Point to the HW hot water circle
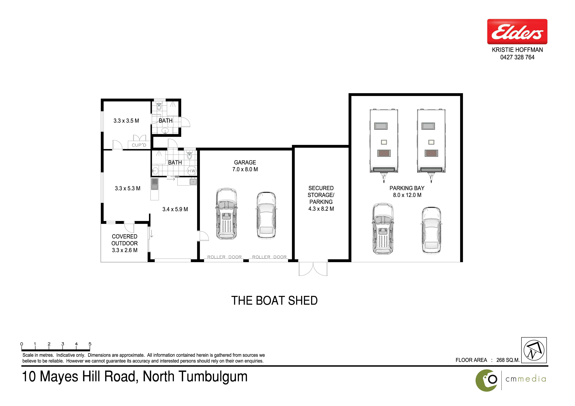[x=192, y=171]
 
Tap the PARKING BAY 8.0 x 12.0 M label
[x=407, y=192]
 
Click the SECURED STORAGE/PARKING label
[x=321, y=198]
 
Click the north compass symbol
[x=534, y=350]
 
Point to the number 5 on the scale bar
[x=90, y=344]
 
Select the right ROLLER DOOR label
[x=269, y=257]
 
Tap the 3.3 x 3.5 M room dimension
[x=126, y=121]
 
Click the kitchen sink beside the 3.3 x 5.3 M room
[x=155, y=184]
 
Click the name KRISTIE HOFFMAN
[x=517, y=50]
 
